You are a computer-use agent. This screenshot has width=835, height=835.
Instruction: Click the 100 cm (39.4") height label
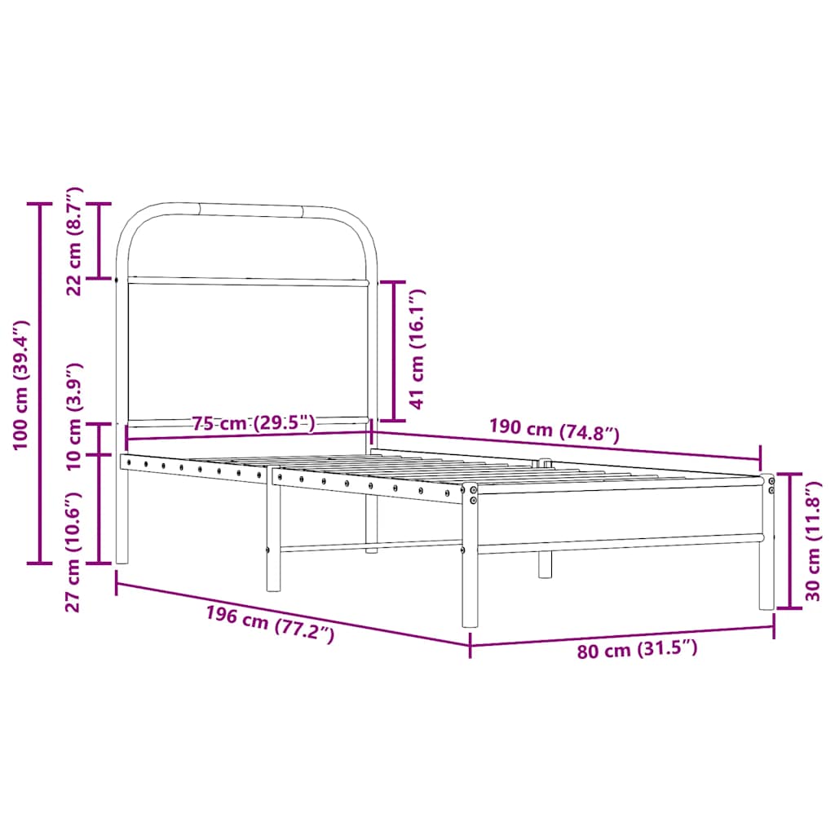[20, 383]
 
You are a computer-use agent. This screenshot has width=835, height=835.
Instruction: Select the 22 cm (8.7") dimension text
[74, 241]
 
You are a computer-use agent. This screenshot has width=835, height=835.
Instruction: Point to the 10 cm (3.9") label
[74, 416]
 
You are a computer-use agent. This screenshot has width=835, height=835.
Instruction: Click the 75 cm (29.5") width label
[253, 422]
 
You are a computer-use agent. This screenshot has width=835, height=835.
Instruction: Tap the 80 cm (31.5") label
[638, 650]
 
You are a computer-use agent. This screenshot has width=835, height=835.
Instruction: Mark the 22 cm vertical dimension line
[99, 241]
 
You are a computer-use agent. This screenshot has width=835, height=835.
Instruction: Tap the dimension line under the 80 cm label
[621, 635]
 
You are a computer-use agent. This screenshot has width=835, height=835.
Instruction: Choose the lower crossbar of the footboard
[620, 541]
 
